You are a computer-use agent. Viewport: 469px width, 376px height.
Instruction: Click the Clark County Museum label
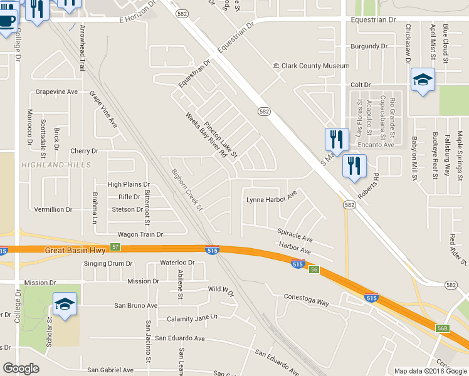tap(315, 66)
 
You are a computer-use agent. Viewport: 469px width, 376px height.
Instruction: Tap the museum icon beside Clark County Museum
tap(275, 66)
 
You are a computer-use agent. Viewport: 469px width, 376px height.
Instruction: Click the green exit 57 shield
tap(115, 247)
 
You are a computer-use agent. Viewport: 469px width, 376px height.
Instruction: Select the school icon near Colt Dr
tap(423, 80)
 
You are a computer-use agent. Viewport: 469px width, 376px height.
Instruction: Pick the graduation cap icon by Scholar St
tap(65, 305)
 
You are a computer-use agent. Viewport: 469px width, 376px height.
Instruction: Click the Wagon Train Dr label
tap(136, 234)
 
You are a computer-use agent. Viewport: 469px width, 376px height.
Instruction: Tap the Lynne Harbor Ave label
tap(271, 200)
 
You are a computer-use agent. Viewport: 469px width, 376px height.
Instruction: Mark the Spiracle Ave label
tap(295, 234)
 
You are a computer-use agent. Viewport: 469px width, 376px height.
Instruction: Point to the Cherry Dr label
tap(85, 151)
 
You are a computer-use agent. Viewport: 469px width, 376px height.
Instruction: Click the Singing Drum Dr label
tap(110, 264)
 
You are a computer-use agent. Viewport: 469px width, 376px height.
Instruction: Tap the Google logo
tap(21, 368)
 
